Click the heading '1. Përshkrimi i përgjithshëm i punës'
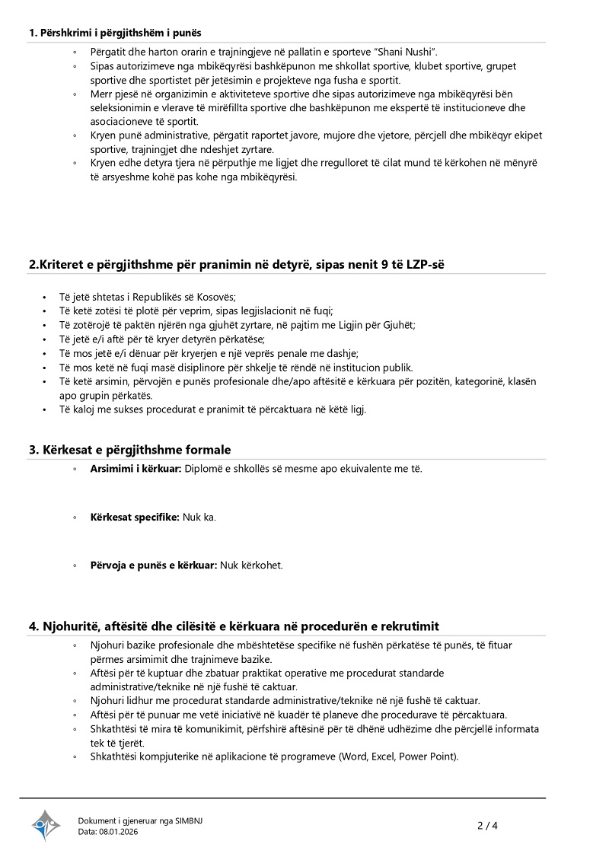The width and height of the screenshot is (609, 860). click(115, 33)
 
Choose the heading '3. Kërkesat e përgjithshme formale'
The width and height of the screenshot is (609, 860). click(130, 450)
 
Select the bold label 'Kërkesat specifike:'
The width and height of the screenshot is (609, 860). click(135, 517)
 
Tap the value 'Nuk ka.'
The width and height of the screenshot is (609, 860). click(199, 517)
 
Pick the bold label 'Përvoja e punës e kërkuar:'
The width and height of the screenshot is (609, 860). click(154, 565)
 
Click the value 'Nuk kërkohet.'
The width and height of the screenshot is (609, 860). click(251, 565)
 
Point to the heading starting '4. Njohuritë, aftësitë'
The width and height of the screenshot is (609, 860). click(234, 626)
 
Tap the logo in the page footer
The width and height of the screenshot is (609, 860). click(46, 825)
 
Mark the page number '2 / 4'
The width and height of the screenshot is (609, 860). click(487, 825)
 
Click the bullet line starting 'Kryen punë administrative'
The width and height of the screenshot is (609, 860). click(316, 135)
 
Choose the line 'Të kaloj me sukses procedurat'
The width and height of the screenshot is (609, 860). click(213, 409)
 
